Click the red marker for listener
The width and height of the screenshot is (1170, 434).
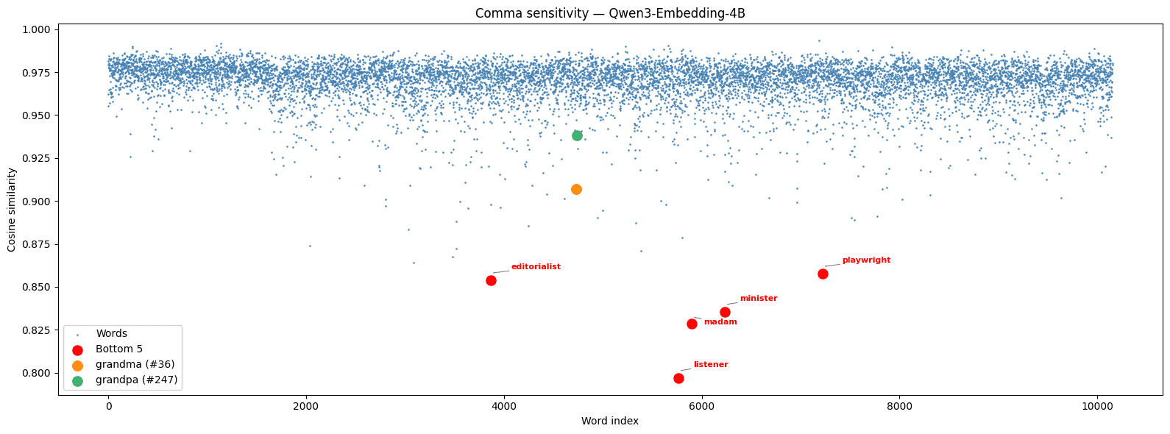[678, 378]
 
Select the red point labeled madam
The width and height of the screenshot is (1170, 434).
[692, 324]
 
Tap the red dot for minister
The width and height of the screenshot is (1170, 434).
[725, 312]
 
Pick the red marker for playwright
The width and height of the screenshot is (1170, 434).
[823, 274]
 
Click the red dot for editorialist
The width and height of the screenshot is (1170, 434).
[491, 280]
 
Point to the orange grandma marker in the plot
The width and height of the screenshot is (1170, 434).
[576, 189]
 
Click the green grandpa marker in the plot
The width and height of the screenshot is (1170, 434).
[577, 135]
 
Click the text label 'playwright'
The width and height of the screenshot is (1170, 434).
[866, 260]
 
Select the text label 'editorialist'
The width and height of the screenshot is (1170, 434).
[536, 266]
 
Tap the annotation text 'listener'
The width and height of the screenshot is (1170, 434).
[711, 364]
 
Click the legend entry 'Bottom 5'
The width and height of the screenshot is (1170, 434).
[119, 349]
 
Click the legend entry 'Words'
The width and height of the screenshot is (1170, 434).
[112, 333]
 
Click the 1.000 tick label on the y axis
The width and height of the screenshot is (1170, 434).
[38, 30]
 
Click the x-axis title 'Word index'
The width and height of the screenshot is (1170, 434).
[609, 421]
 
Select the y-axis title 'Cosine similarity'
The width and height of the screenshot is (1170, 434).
[12, 210]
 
